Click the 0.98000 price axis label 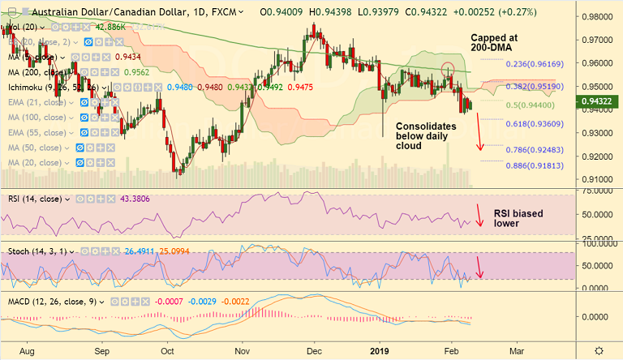[x=599, y=16]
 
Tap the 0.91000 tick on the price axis [x=599, y=179]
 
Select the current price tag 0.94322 [x=600, y=101]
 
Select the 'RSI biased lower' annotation [x=518, y=219]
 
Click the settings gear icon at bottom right [x=599, y=349]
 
